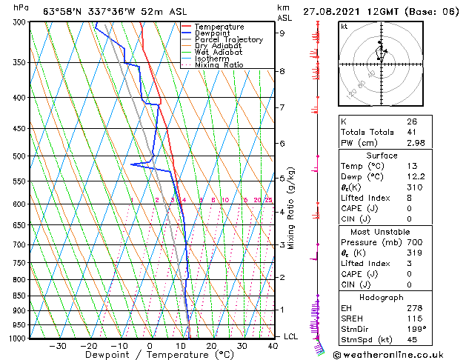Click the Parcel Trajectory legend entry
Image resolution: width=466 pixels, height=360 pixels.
[228, 40]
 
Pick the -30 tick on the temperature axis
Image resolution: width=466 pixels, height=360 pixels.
[58, 346]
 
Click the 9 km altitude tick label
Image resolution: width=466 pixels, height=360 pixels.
[282, 33]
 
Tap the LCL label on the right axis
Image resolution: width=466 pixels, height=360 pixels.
[291, 336]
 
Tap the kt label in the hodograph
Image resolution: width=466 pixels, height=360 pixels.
[344, 26]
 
